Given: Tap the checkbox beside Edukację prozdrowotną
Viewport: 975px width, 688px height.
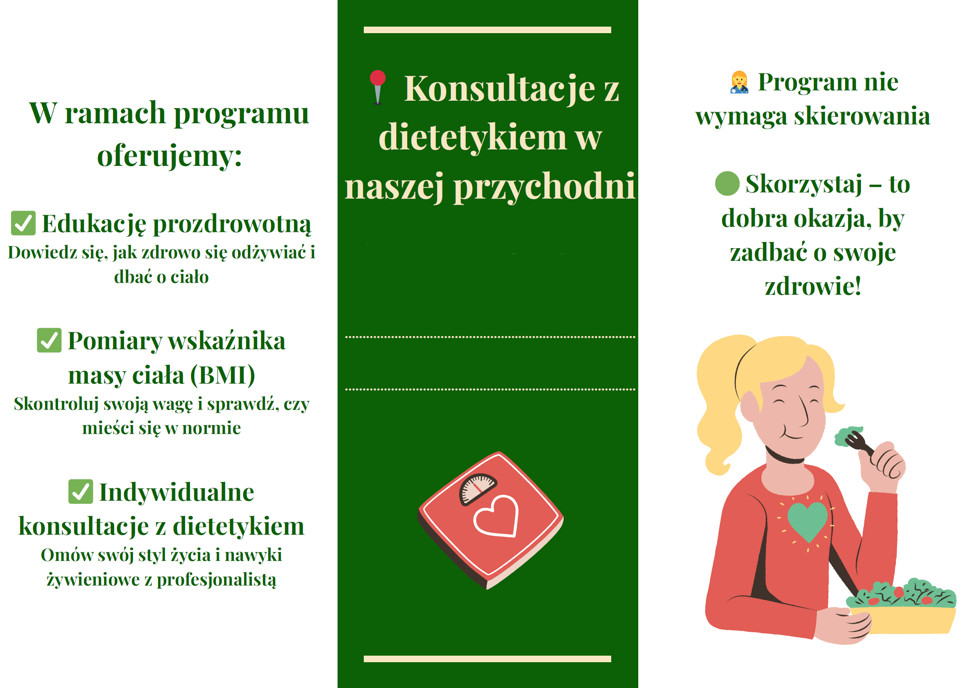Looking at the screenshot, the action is coord(23,223).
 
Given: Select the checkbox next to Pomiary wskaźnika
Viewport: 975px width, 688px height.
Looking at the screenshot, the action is coord(49,340).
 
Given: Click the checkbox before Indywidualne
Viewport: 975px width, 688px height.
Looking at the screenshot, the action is coord(81,491).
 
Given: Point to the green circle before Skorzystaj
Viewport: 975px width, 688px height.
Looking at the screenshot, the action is coord(728,183).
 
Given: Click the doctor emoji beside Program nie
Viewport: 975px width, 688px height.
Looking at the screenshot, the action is coord(739,82).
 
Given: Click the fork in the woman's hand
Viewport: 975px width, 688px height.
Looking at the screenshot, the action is coord(860,446).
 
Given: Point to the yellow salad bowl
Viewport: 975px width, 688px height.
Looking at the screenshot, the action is coord(903,620).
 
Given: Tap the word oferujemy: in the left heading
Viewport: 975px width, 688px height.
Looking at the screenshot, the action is coord(170,156).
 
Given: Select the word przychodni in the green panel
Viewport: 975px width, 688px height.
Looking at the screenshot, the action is coord(545,187).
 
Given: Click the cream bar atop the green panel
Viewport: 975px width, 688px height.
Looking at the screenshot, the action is coord(487,30).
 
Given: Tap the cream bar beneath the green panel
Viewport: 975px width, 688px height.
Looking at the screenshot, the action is coord(487,659).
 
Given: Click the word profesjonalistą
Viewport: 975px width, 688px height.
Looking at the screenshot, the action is coord(217,580).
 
